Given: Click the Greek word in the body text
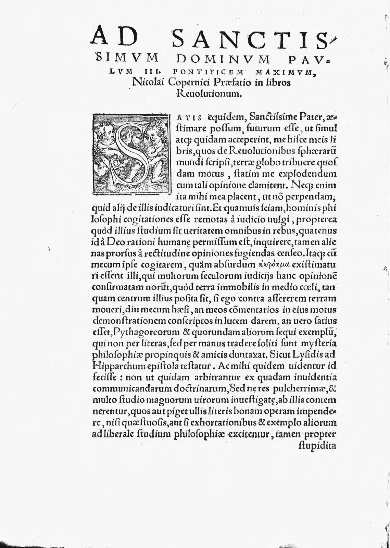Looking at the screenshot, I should pos(270,264).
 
